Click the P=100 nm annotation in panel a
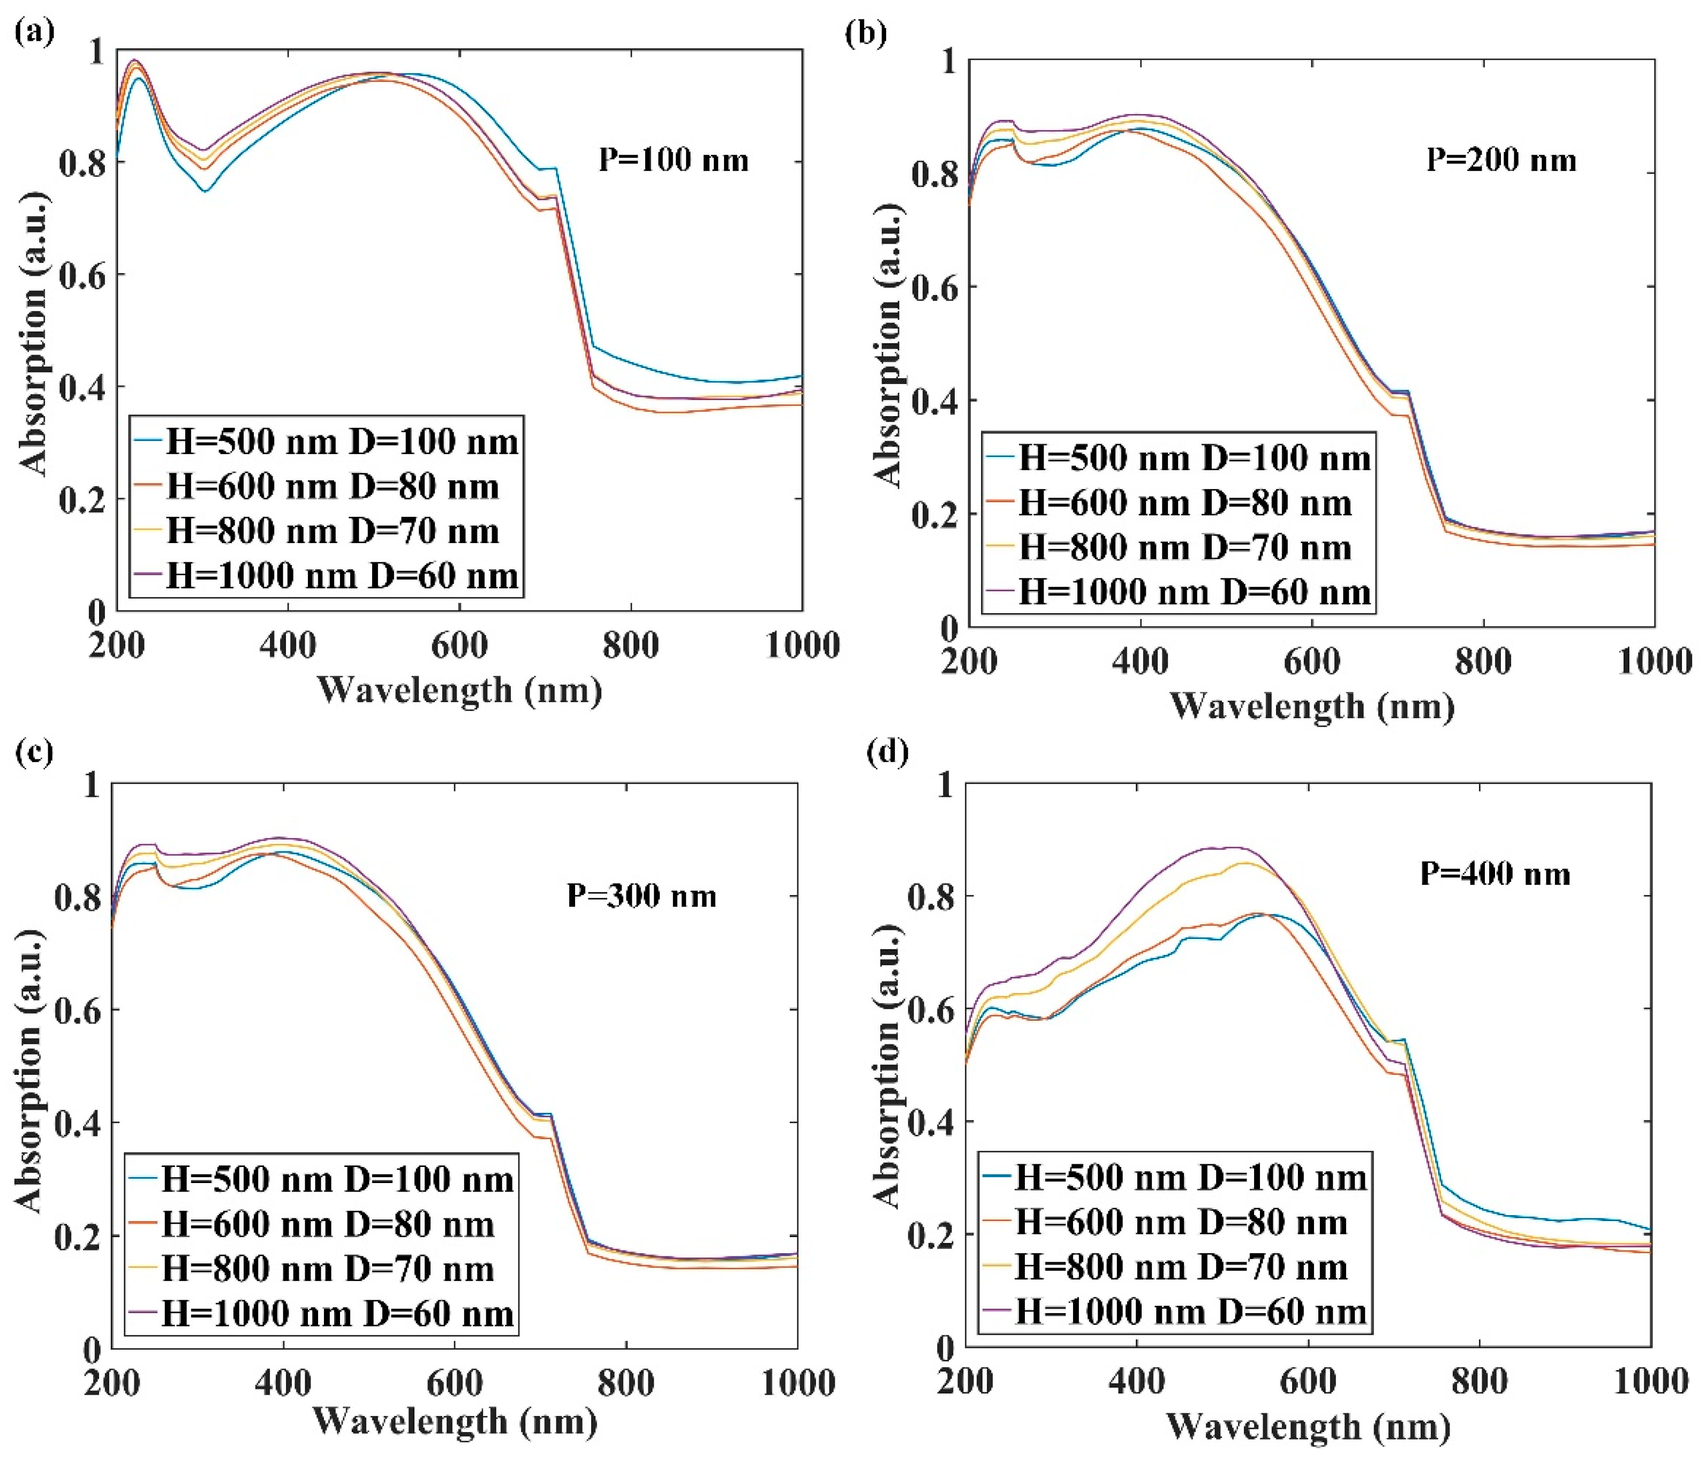point(674,159)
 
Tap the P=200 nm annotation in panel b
point(1501,159)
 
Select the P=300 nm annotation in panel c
point(641,895)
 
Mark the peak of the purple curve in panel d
point(1233,847)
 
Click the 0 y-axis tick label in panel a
point(97,611)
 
